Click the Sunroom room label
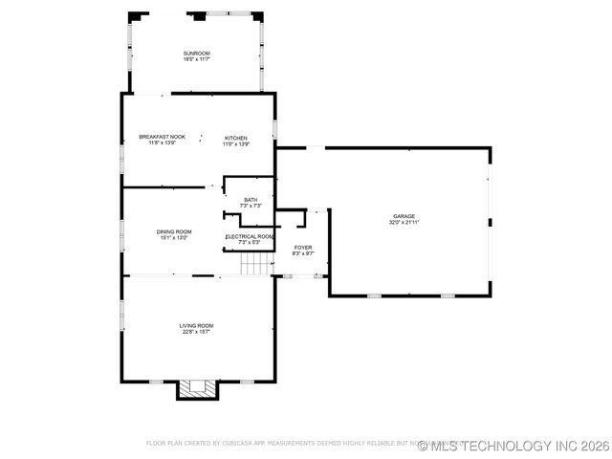(196, 53)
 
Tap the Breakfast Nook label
(162, 138)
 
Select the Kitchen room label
(236, 138)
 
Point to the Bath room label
(251, 199)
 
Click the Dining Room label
(174, 231)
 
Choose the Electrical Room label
(250, 236)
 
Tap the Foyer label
(302, 247)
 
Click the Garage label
(404, 216)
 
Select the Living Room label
(195, 326)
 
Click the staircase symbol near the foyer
(255, 263)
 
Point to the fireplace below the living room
(198, 388)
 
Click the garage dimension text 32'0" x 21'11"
(404, 223)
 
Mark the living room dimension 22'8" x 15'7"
(195, 333)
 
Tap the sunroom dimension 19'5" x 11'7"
(196, 59)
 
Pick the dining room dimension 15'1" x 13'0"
(174, 238)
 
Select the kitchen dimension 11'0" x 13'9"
(236, 144)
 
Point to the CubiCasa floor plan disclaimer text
(287, 444)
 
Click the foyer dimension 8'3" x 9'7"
(302, 253)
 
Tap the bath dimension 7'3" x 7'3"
(251, 206)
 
